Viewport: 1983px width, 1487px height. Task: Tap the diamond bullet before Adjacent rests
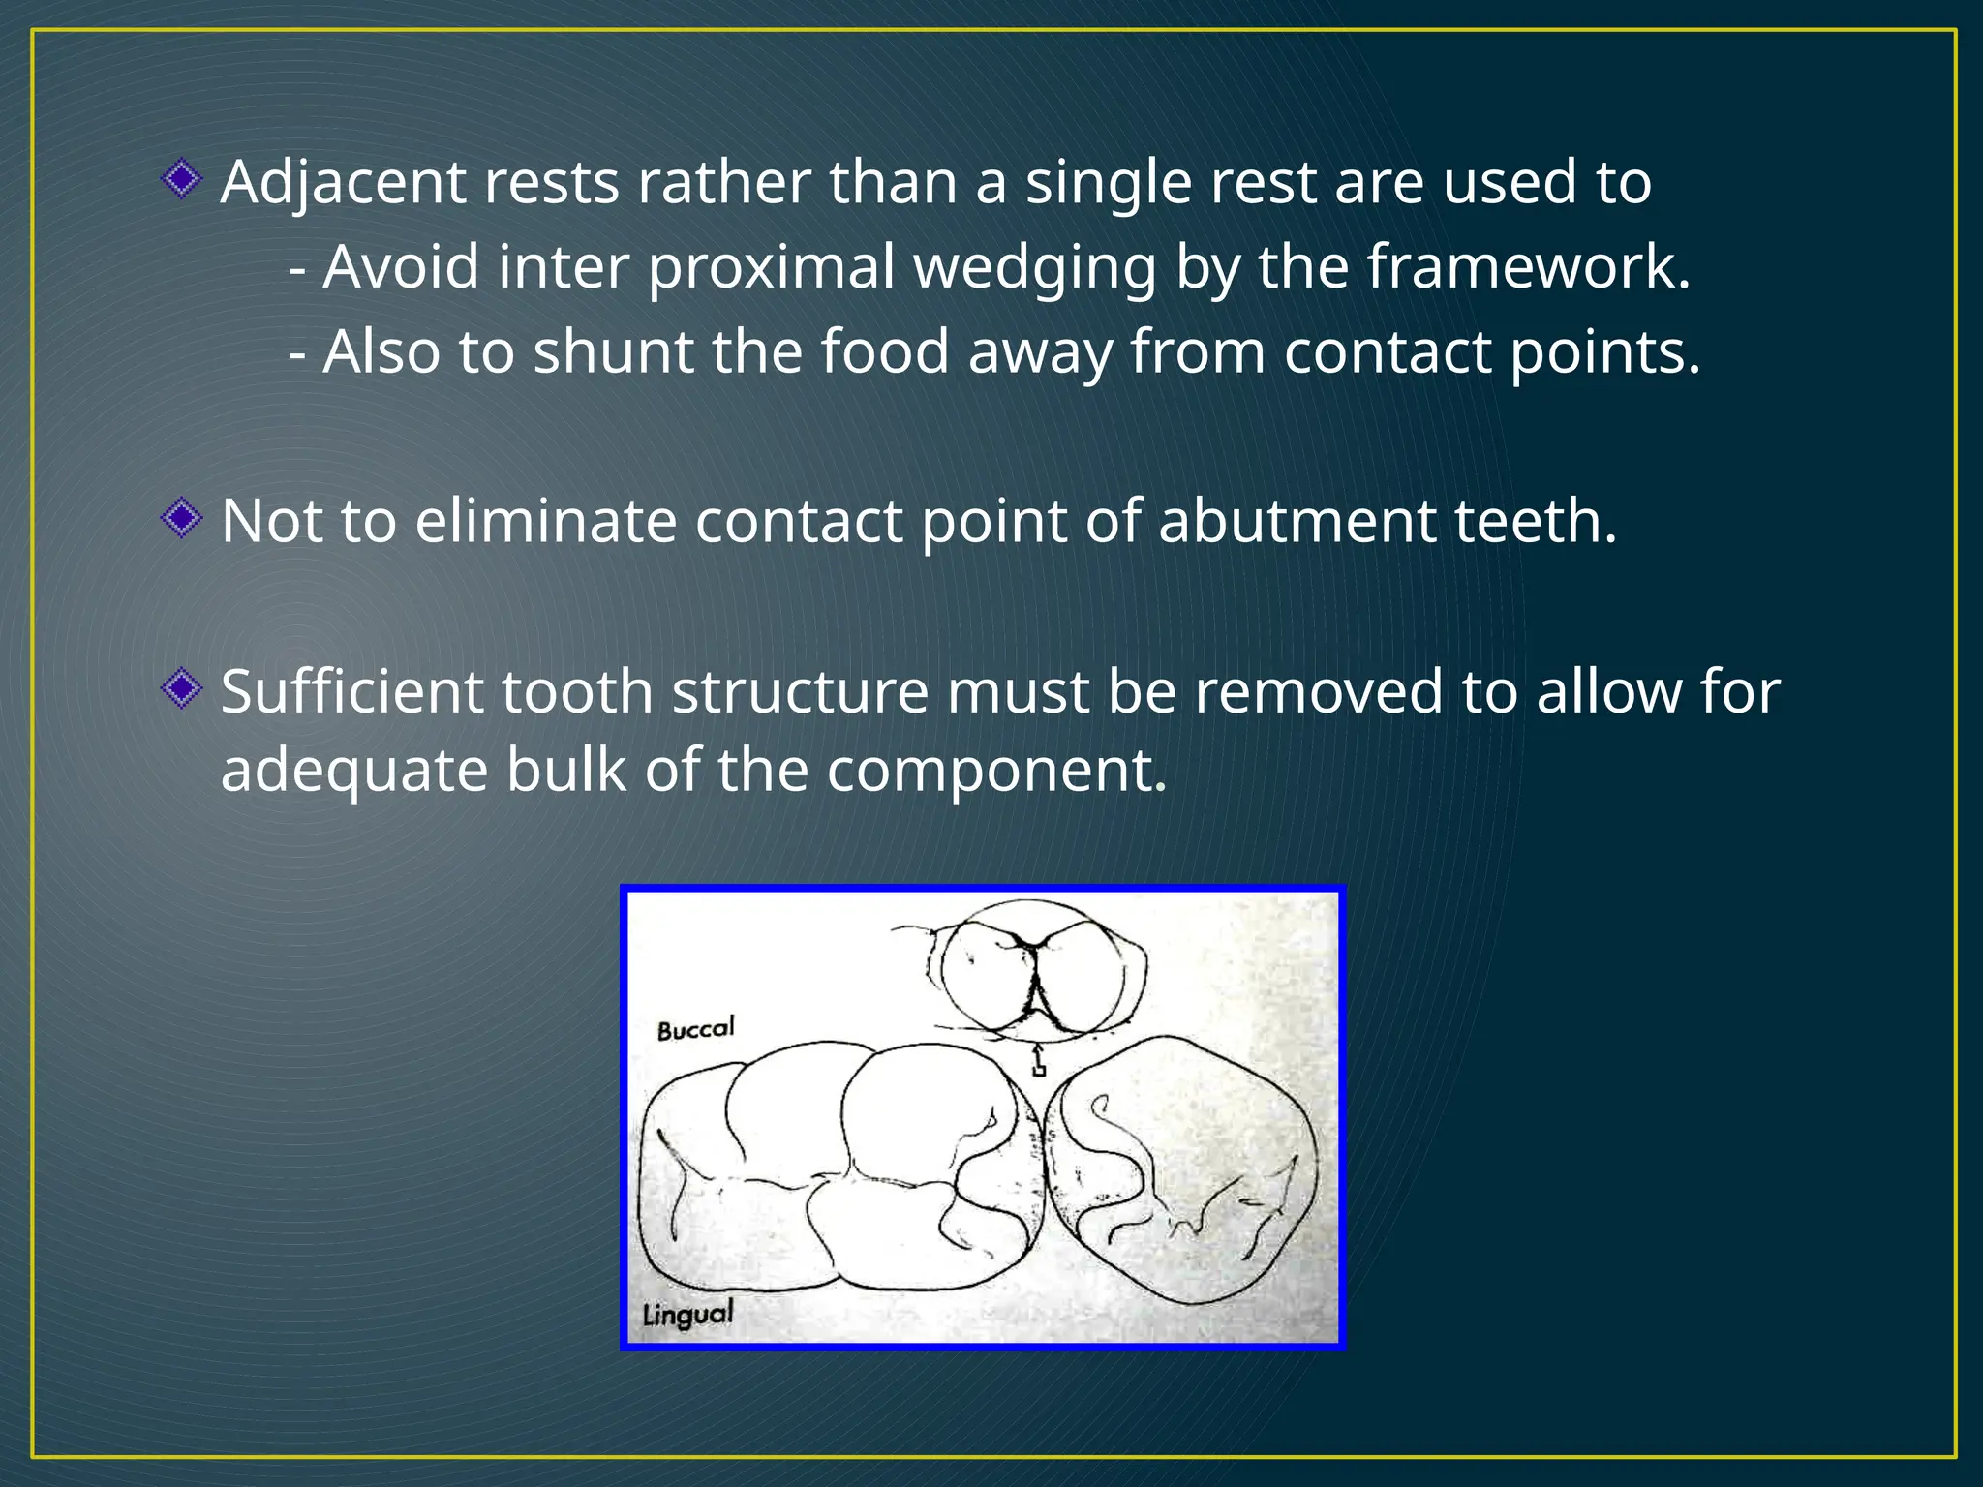(181, 179)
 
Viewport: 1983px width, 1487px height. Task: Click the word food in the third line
(884, 351)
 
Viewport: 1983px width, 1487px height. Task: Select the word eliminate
(545, 522)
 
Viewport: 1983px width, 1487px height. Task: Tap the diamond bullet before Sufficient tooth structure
(181, 689)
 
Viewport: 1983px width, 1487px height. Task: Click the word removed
(1318, 692)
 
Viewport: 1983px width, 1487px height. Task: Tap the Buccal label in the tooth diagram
(695, 1028)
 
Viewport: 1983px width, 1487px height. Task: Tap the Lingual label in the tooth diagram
(687, 1315)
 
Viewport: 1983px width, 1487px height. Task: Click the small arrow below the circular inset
(1038, 1060)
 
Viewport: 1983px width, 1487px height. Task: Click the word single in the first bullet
(1107, 182)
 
